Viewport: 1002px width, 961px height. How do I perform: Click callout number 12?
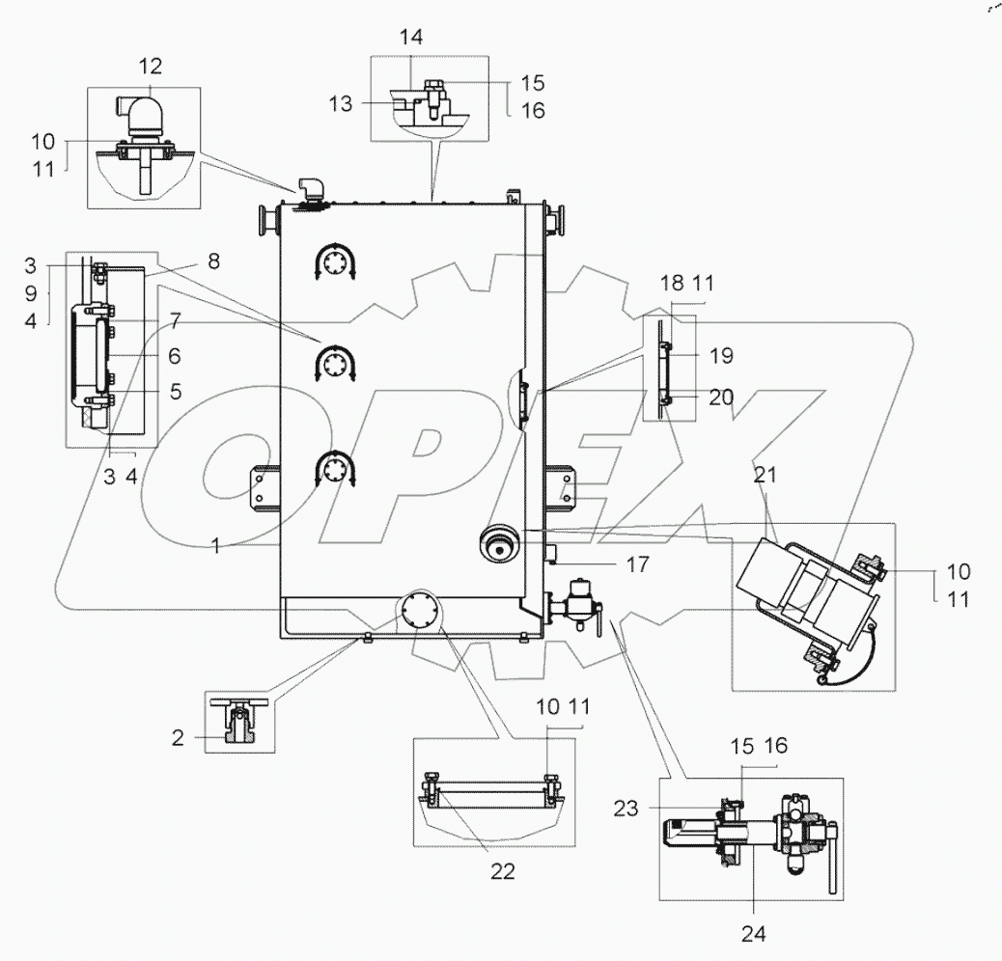click(150, 67)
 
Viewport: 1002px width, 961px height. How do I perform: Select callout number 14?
click(411, 39)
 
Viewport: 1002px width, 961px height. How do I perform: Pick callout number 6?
click(175, 355)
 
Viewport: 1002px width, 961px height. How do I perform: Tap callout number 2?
click(178, 739)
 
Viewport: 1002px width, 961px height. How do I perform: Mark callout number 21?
click(765, 475)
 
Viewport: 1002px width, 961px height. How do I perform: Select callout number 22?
click(502, 871)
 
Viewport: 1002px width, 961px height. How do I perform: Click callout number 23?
click(626, 809)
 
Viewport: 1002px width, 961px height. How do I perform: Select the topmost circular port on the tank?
click(336, 261)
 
